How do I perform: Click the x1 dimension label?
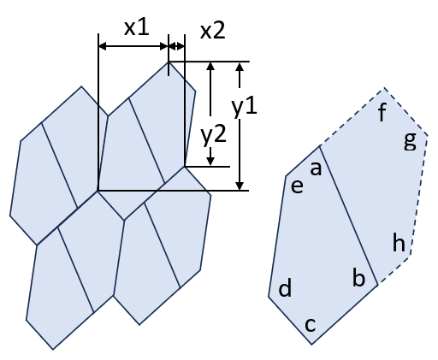click(137, 28)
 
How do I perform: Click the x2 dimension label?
click(213, 31)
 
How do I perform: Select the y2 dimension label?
click(214, 136)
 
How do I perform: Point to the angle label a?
click(316, 168)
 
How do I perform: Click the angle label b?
click(358, 277)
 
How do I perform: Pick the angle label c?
click(311, 325)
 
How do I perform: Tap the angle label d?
click(285, 288)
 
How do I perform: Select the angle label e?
click(297, 186)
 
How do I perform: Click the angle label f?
click(382, 112)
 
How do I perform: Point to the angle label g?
click(411, 142)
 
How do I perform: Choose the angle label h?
click(399, 242)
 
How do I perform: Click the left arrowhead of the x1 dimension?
click(103, 46)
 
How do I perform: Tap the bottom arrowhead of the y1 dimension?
click(240, 186)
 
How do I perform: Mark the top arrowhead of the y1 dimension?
click(240, 67)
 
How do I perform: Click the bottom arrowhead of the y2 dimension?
click(210, 162)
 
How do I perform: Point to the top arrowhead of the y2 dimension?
click(210, 67)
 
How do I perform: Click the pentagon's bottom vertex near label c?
click(311, 345)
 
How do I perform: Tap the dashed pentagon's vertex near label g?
click(428, 136)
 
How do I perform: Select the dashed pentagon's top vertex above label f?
click(384, 88)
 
